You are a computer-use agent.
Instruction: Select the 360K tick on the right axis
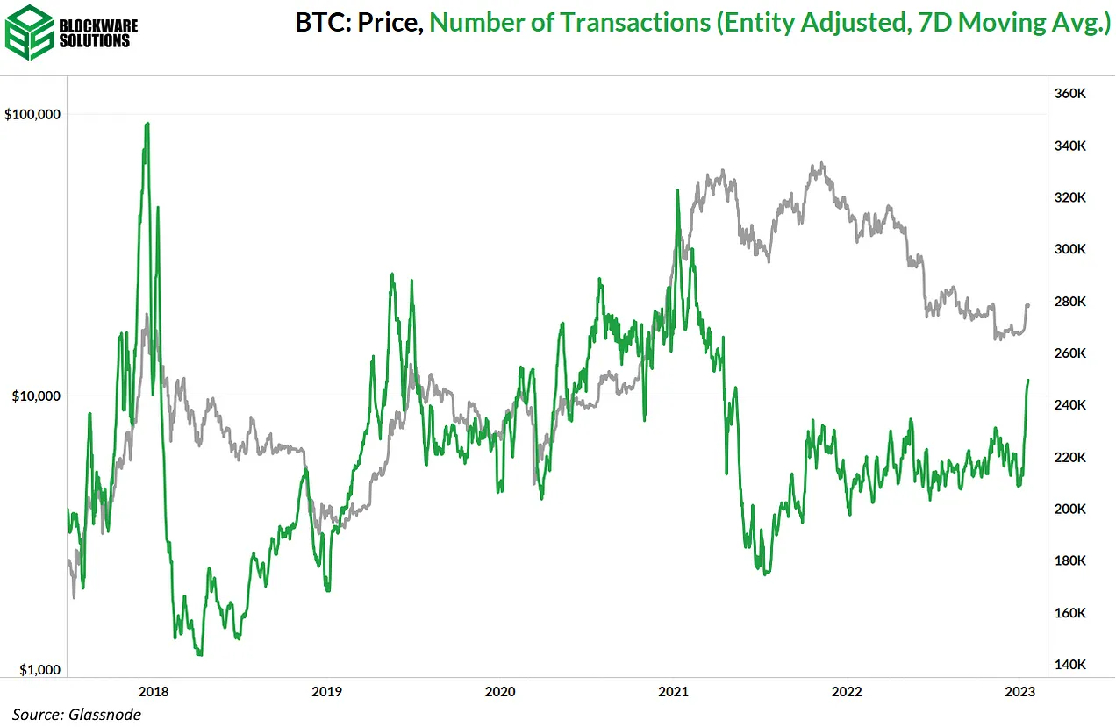[1070, 94]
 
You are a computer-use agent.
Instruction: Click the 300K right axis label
[1070, 249]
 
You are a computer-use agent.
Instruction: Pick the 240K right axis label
[1070, 405]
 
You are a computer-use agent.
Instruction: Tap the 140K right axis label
[1070, 664]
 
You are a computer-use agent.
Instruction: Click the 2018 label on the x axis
[154, 691]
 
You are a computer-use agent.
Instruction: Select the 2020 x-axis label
[500, 691]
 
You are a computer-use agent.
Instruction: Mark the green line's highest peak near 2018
[147, 124]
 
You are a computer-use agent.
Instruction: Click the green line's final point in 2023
[1028, 381]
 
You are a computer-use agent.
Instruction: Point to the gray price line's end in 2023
[1028, 305]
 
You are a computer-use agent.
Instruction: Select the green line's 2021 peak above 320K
[677, 190]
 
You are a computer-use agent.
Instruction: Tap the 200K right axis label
[1070, 509]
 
